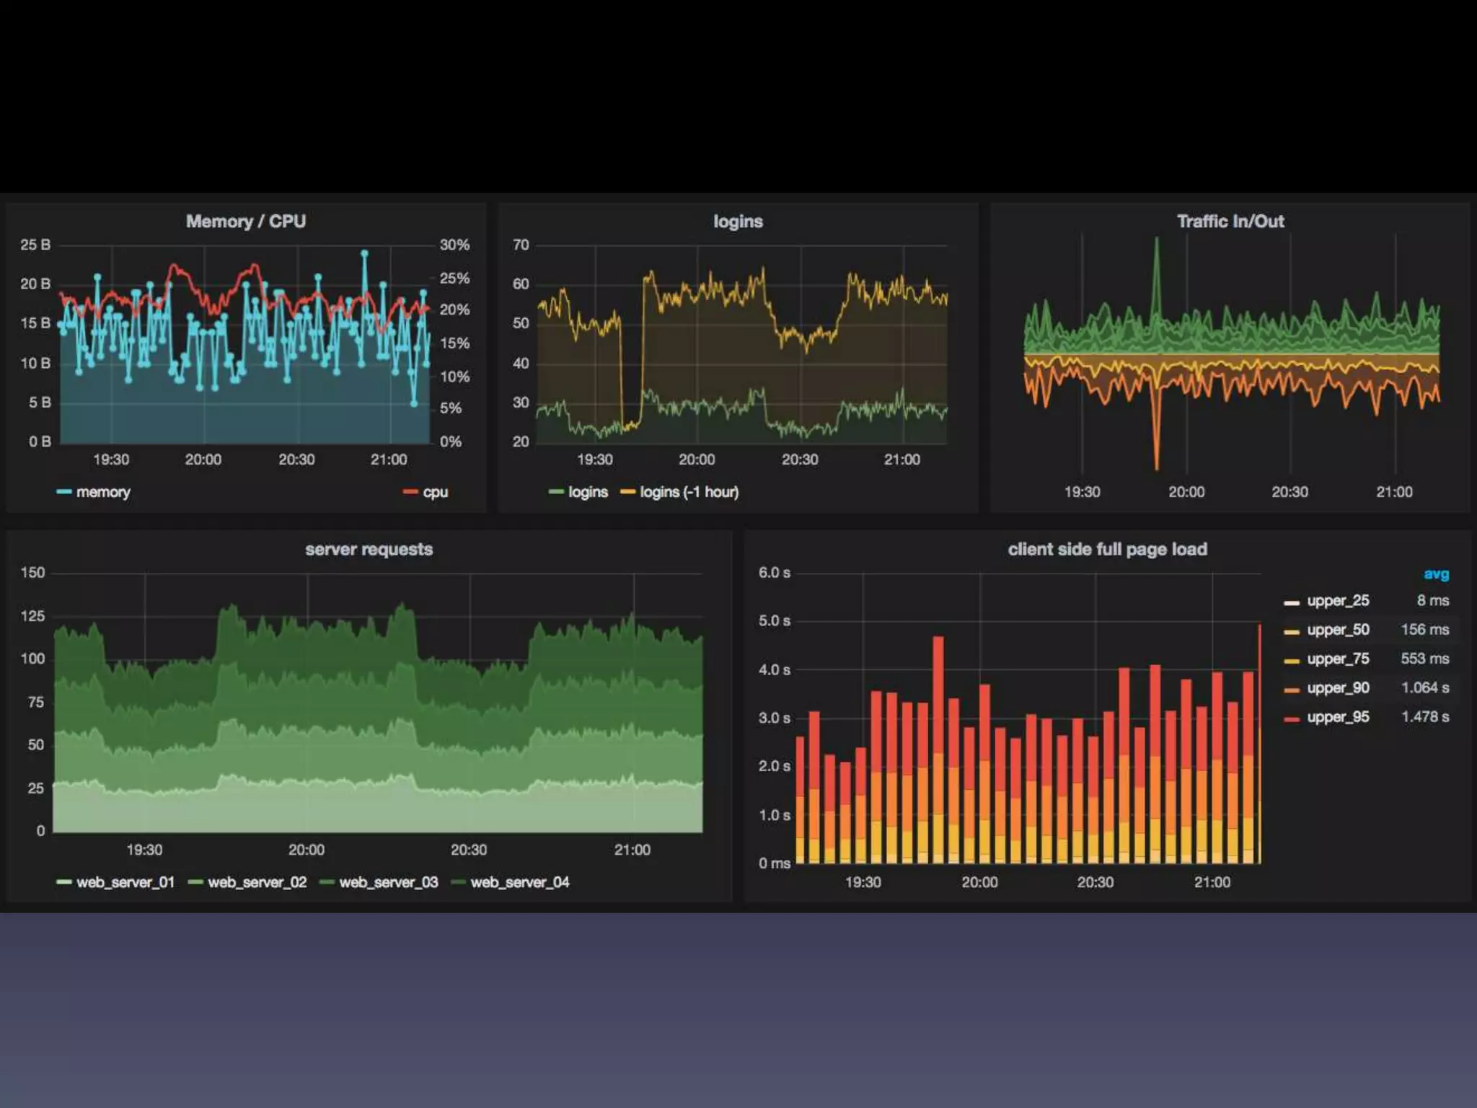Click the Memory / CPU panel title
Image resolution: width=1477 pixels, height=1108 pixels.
coord(245,221)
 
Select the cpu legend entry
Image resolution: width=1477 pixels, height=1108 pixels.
coord(434,492)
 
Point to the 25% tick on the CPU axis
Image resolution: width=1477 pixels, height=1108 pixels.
coord(454,278)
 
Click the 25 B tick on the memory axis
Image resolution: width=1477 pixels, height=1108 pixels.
coord(35,245)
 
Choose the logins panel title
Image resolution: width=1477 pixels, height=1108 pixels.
coord(738,221)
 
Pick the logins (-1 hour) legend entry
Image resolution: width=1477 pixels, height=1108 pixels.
coord(688,492)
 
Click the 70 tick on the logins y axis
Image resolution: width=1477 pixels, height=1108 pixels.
coord(521,245)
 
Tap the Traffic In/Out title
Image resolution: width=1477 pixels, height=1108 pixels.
coord(1230,221)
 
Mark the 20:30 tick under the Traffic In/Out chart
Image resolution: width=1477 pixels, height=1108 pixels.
coord(1289,492)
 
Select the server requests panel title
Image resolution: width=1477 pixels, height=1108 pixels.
coord(369,550)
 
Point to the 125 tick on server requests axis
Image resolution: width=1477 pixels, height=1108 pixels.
coord(32,616)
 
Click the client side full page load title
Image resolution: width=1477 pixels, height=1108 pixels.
coord(1107,550)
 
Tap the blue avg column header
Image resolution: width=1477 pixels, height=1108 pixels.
coord(1436,574)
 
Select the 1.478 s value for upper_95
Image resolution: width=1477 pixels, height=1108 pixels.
coord(1424,716)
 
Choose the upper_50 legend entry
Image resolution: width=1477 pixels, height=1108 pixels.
coord(1338,630)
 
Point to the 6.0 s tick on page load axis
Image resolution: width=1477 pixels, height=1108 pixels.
coord(774,573)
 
